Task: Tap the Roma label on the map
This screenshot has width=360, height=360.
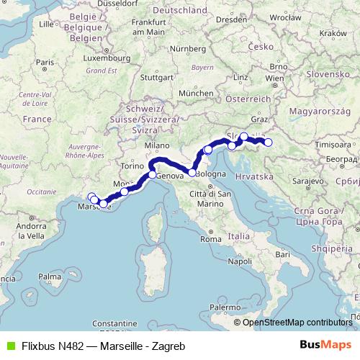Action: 210,239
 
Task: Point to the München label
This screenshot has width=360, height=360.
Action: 196,94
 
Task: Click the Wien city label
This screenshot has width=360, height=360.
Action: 274,77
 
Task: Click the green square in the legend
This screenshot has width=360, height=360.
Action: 9,346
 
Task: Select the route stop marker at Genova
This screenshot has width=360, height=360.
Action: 153,175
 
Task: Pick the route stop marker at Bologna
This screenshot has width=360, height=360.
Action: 192,173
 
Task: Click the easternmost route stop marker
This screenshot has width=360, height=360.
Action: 269,143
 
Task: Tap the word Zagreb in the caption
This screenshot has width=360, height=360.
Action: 170,346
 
